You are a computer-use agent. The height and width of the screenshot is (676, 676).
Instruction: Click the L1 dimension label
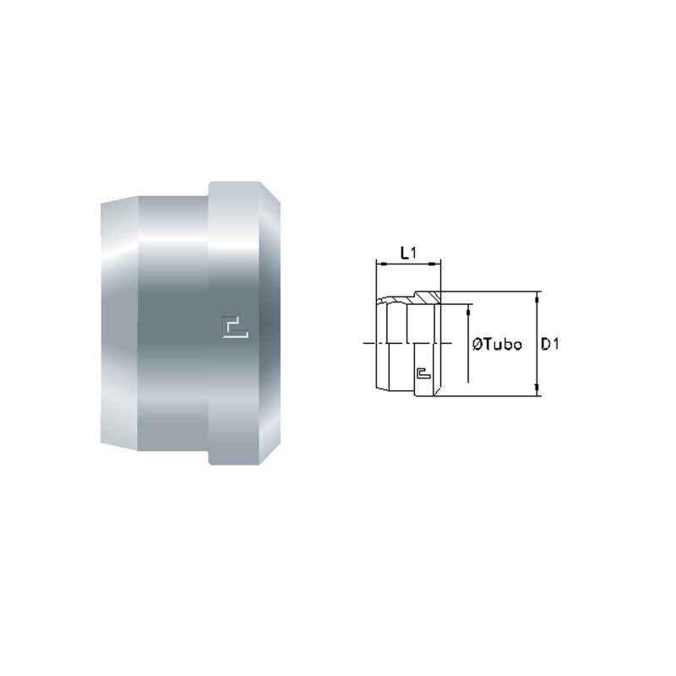[408, 253]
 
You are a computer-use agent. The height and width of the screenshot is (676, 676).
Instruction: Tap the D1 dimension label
[550, 344]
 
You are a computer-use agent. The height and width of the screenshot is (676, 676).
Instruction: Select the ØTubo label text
[497, 345]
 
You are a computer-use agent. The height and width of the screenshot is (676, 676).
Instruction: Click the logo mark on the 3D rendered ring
[235, 327]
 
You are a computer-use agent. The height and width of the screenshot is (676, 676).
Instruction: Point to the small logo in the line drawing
[424, 373]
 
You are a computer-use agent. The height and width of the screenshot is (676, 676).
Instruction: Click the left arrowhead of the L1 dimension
[380, 263]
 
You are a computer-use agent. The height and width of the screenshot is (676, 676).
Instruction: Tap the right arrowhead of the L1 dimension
[437, 263]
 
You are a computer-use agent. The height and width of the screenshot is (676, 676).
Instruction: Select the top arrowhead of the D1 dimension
[537, 297]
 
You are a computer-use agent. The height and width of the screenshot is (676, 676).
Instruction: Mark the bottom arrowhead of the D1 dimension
[537, 390]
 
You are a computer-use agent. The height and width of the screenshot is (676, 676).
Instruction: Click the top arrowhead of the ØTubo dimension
[468, 309]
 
